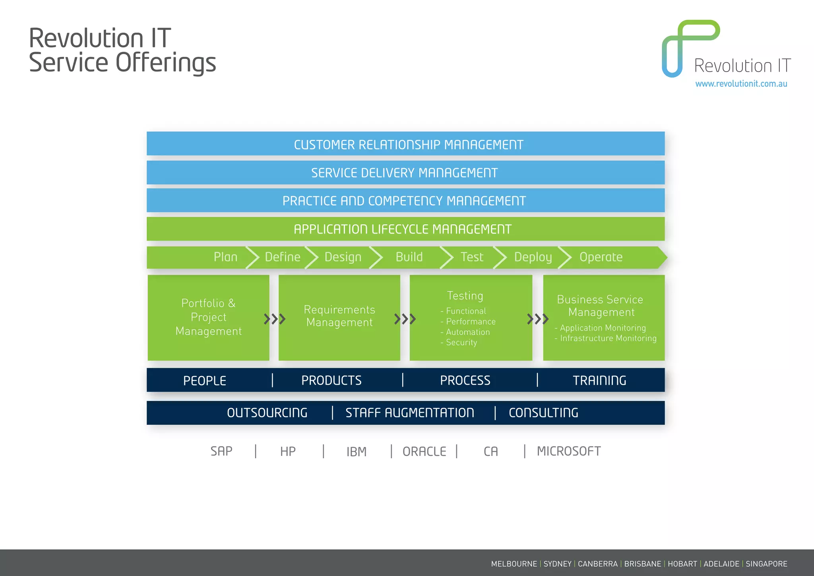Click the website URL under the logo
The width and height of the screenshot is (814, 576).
click(x=741, y=84)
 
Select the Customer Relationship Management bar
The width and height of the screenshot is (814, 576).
click(x=405, y=144)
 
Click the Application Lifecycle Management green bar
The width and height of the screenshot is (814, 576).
click(x=405, y=229)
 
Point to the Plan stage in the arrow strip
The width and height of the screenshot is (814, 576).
click(x=225, y=257)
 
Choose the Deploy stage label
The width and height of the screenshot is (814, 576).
click(x=533, y=257)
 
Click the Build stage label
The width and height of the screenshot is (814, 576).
click(x=409, y=257)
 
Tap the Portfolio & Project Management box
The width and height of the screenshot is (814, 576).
click(x=208, y=317)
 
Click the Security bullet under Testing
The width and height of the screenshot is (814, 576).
click(x=461, y=342)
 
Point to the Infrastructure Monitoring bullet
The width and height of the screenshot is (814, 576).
click(x=608, y=338)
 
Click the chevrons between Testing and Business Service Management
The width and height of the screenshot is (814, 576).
click(x=538, y=319)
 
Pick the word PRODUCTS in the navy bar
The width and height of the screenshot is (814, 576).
click(x=331, y=380)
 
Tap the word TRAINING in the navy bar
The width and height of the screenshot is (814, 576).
click(x=599, y=380)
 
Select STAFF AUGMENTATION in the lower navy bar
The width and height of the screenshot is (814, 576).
click(x=409, y=413)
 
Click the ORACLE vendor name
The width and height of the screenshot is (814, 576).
click(x=424, y=451)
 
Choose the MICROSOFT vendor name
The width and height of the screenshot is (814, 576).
click(x=568, y=451)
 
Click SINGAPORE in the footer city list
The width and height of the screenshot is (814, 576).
click(x=766, y=564)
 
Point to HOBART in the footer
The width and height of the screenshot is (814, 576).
click(x=682, y=564)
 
